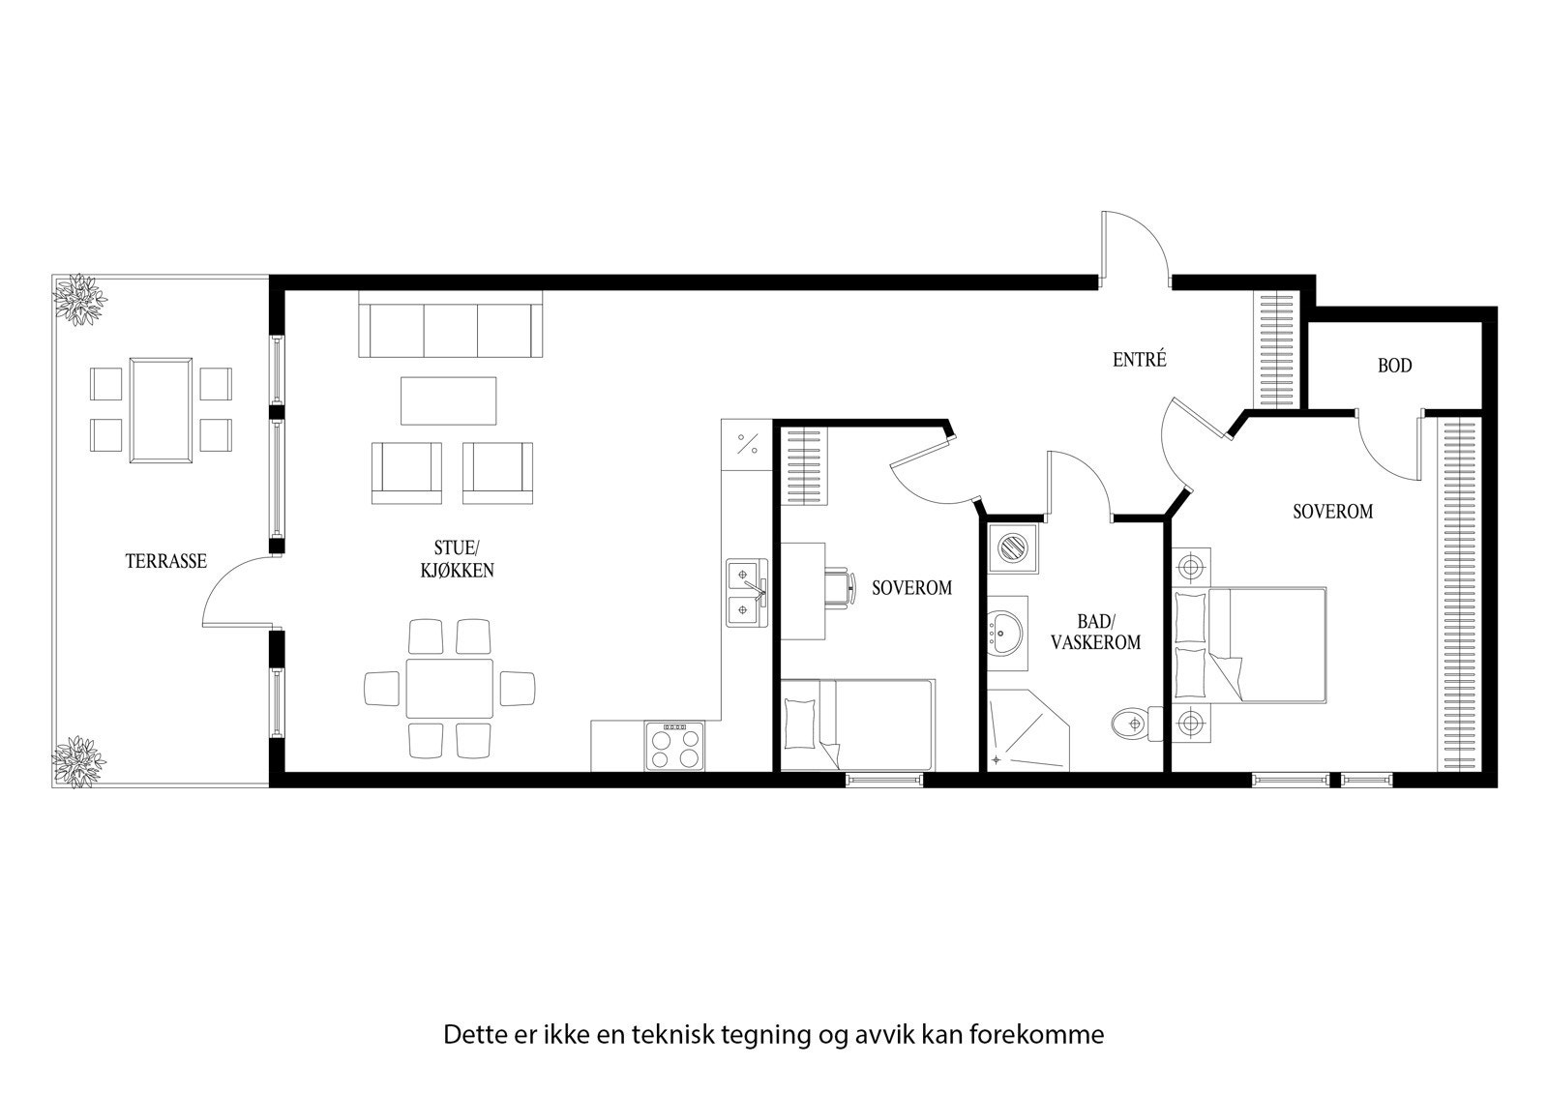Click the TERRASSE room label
point(165,561)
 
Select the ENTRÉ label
point(1139,361)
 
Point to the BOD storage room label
point(1394,366)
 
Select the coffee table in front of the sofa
point(449,400)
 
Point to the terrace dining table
point(161,409)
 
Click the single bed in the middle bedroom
point(857,724)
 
